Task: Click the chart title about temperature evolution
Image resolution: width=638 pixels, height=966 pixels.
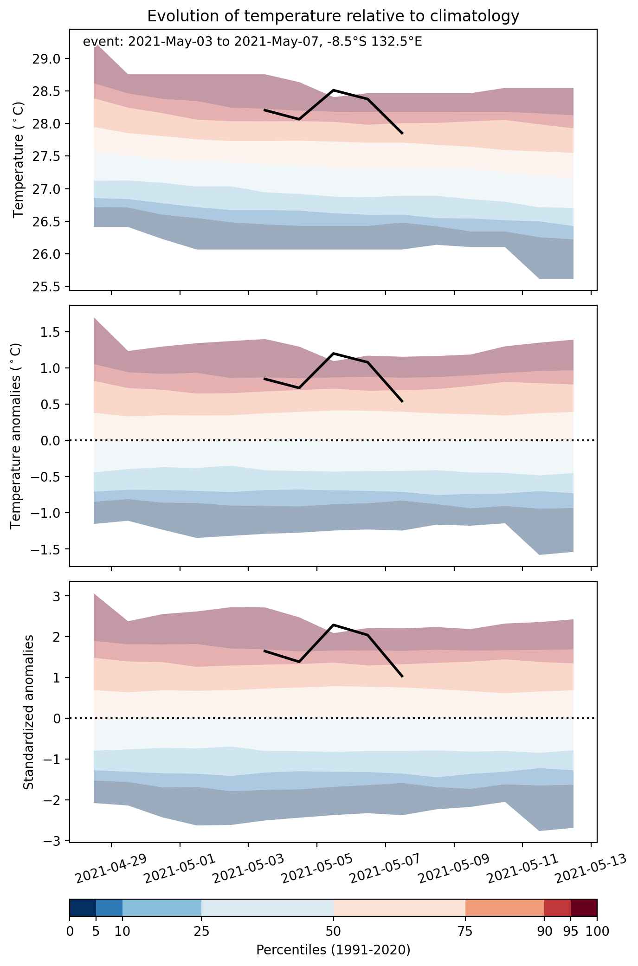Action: click(x=333, y=16)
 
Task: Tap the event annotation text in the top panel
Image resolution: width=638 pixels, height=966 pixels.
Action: click(x=252, y=42)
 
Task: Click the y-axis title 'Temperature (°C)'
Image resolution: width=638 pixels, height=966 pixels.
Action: click(x=18, y=160)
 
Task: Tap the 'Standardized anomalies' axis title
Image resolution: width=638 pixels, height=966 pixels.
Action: click(x=28, y=711)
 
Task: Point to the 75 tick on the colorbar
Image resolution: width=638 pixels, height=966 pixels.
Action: click(x=465, y=931)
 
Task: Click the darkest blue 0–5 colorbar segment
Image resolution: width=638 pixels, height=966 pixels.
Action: click(x=83, y=908)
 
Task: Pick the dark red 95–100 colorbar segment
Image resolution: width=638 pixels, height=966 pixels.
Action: click(x=584, y=908)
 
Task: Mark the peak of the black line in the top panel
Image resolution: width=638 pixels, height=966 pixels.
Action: click(x=333, y=90)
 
